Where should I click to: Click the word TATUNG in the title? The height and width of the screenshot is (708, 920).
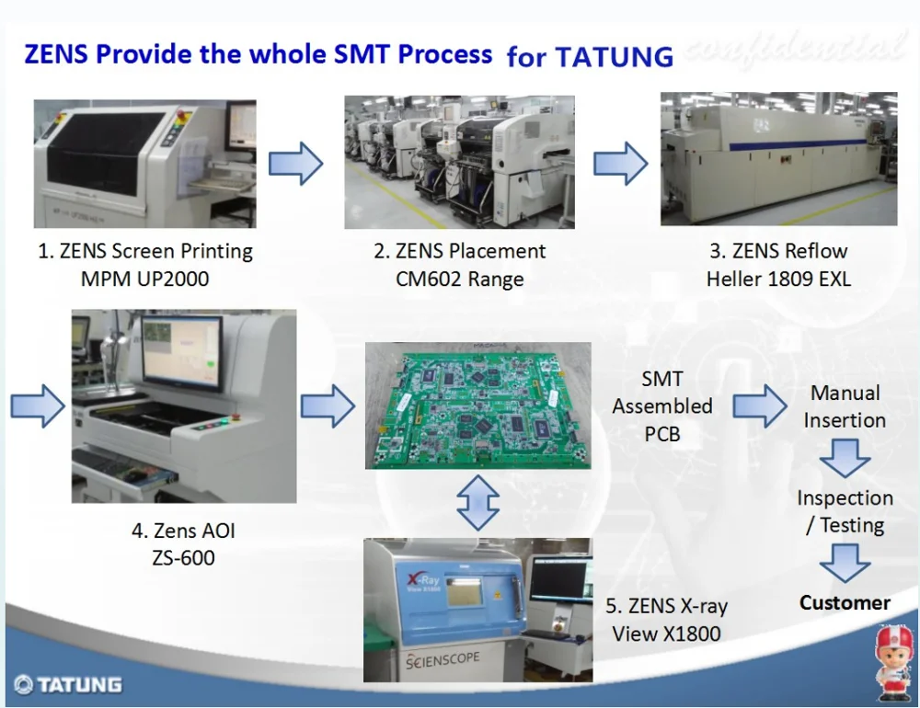[615, 57]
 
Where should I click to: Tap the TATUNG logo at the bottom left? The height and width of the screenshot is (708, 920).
[68, 684]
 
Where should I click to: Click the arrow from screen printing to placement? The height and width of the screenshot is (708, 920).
[295, 163]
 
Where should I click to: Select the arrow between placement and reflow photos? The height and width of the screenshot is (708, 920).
[621, 163]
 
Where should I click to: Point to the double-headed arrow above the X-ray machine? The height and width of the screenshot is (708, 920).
[478, 503]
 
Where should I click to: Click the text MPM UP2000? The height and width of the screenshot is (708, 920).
[144, 279]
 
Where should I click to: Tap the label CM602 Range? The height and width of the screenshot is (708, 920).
[459, 280]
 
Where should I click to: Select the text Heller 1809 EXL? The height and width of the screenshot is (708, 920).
[778, 279]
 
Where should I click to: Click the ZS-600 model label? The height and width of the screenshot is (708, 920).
[183, 557]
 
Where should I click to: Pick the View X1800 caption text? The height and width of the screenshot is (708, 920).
[666, 634]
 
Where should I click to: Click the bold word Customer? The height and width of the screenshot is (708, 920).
[845, 603]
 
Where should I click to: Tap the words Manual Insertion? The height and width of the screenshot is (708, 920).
[845, 406]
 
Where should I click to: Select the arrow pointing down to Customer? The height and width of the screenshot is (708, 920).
[845, 563]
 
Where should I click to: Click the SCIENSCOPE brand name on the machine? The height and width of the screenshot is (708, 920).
[443, 660]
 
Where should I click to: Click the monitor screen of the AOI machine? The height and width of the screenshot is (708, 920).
[180, 352]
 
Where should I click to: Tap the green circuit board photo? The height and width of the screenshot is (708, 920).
[478, 405]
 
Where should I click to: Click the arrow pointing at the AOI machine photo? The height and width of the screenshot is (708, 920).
[38, 405]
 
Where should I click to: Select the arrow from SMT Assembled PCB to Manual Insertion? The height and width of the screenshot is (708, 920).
[760, 405]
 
